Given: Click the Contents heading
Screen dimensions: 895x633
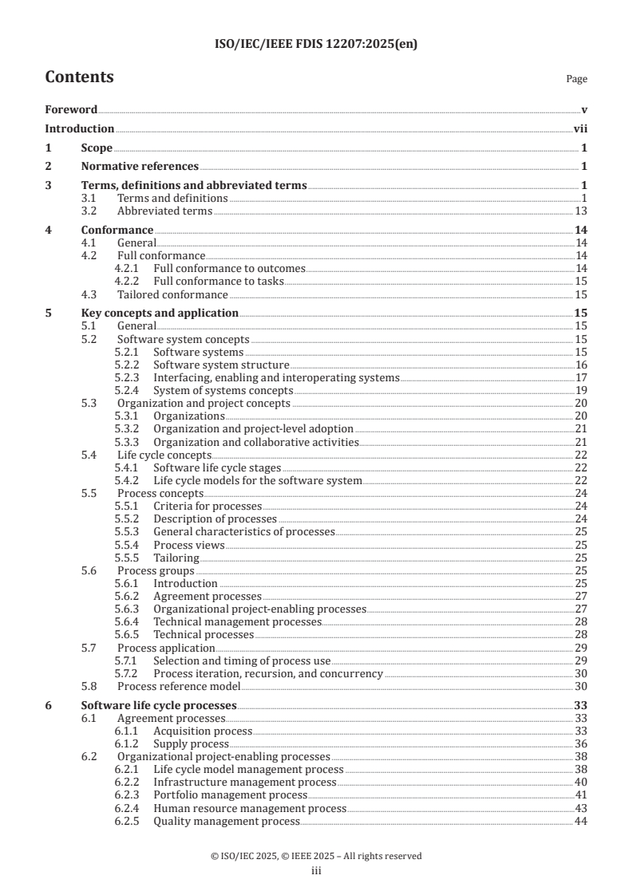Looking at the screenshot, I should click(79, 77).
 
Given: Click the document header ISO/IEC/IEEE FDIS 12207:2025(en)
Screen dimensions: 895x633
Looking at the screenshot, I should click(316, 45).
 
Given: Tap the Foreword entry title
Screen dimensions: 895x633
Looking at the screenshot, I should click(71, 110).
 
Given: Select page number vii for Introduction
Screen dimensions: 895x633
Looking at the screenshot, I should click(581, 129).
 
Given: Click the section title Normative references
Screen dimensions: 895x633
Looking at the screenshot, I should click(140, 167).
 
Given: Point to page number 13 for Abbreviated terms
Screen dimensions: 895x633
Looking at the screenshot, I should click(581, 211).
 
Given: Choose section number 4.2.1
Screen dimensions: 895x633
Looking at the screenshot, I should click(128, 268).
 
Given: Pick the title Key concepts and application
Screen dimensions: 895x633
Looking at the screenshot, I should click(160, 313).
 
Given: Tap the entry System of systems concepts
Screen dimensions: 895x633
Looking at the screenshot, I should click(223, 390).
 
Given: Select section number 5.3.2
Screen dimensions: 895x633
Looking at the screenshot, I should click(128, 428).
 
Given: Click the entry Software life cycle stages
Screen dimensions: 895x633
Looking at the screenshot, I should click(216, 467).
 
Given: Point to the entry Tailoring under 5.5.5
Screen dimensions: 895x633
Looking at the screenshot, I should click(176, 558).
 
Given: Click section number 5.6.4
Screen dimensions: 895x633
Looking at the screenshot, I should click(128, 621).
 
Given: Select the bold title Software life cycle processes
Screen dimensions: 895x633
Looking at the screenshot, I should click(159, 705).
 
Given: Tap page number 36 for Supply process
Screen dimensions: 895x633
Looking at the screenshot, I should click(581, 743).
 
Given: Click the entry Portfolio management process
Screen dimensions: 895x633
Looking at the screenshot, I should click(230, 795).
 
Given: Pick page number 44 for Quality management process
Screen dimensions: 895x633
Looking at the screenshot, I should click(581, 821).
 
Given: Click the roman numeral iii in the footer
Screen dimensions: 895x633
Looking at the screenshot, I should click(316, 872).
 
